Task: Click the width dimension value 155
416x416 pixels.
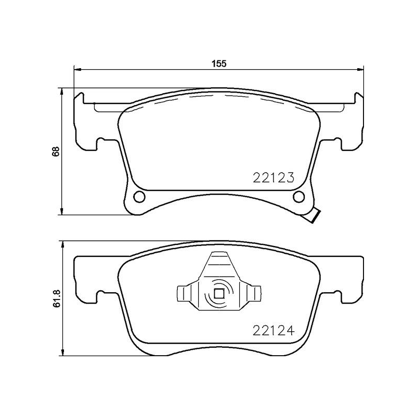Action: click(219, 64)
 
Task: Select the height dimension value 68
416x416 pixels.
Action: click(56, 151)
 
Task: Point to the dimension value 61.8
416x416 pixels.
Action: click(56, 299)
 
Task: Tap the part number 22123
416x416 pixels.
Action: click(274, 177)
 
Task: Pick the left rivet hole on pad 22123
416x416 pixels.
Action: click(139, 197)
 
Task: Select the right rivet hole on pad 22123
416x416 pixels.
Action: click(298, 197)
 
